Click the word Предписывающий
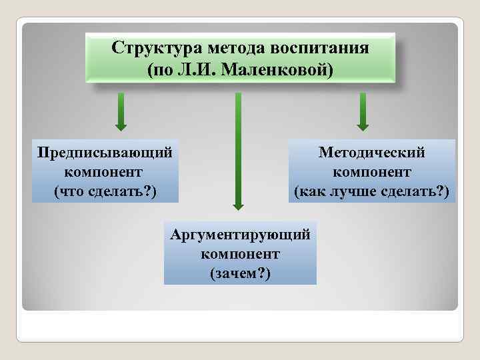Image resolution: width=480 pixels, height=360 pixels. (x=105, y=152)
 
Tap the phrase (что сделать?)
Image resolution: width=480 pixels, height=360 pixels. (x=105, y=192)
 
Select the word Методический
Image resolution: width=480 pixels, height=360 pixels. (x=371, y=152)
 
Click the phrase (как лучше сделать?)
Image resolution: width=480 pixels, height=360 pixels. (x=371, y=192)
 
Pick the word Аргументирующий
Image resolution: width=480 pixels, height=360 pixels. (x=240, y=235)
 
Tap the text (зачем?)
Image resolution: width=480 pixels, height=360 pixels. (x=240, y=273)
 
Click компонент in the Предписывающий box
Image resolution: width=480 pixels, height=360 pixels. (x=105, y=172)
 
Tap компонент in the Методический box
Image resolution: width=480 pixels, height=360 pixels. (x=371, y=172)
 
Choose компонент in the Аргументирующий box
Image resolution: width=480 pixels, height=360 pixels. (x=240, y=254)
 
